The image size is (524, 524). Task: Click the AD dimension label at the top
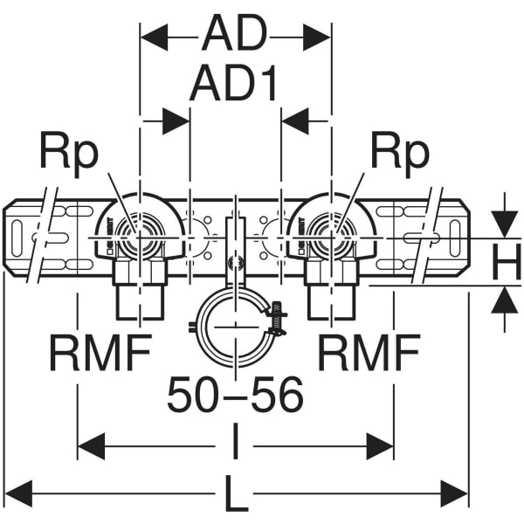(235, 33)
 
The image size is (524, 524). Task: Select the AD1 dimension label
(233, 83)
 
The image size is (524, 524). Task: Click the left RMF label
(100, 353)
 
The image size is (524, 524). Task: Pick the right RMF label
(369, 353)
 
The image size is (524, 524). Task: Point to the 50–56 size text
(236, 395)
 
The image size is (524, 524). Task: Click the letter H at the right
(507, 262)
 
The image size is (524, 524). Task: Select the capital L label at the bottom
(237, 493)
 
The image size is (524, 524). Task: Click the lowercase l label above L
(236, 441)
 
